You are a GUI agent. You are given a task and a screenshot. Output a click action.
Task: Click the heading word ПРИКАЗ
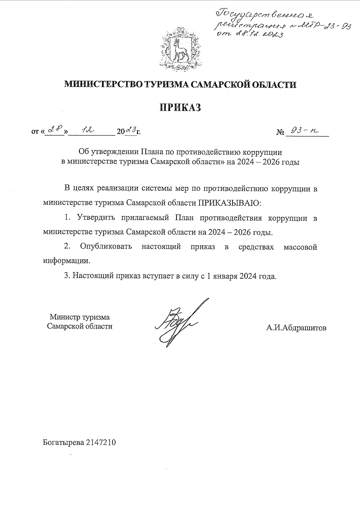click(180, 107)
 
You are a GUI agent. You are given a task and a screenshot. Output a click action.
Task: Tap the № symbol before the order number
click(280, 132)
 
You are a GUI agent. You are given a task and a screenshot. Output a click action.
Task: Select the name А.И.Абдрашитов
click(296, 328)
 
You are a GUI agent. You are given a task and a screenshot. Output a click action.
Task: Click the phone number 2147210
click(101, 442)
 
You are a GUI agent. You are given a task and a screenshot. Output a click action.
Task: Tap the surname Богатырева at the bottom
click(63, 442)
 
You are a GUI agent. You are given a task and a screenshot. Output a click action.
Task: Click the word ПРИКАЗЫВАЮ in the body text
click(229, 203)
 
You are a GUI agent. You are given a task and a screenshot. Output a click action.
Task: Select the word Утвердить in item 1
click(96, 218)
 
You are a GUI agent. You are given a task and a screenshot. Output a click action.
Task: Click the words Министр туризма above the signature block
click(80, 317)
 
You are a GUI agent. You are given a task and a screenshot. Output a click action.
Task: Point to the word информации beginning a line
click(66, 261)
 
